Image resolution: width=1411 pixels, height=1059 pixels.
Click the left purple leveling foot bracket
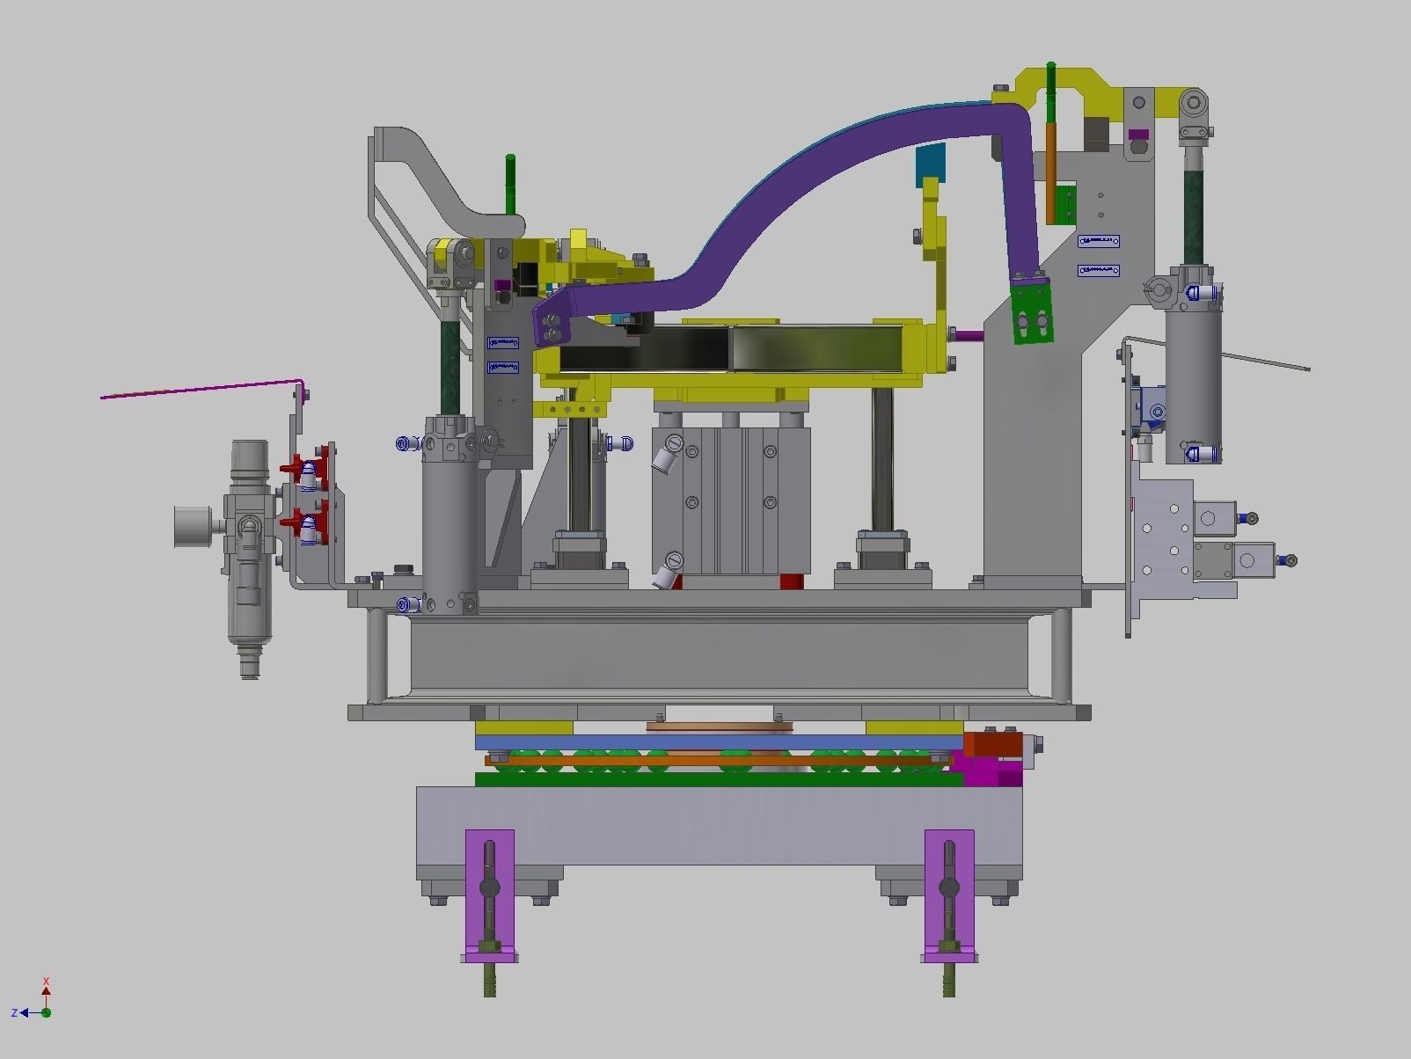tap(489, 893)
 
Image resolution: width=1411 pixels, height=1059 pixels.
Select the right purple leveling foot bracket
tap(949, 893)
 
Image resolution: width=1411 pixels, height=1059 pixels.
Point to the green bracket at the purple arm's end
tap(1031, 312)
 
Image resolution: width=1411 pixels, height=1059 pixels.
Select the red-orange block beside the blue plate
tap(992, 745)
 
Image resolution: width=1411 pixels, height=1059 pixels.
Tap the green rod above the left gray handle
tap(510, 183)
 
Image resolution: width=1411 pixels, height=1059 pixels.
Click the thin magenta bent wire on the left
tap(202, 389)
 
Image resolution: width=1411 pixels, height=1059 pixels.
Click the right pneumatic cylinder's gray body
tap(1194, 378)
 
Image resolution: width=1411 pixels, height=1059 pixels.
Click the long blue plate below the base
tap(717, 743)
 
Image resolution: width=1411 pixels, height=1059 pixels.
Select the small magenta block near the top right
tap(1137, 135)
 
